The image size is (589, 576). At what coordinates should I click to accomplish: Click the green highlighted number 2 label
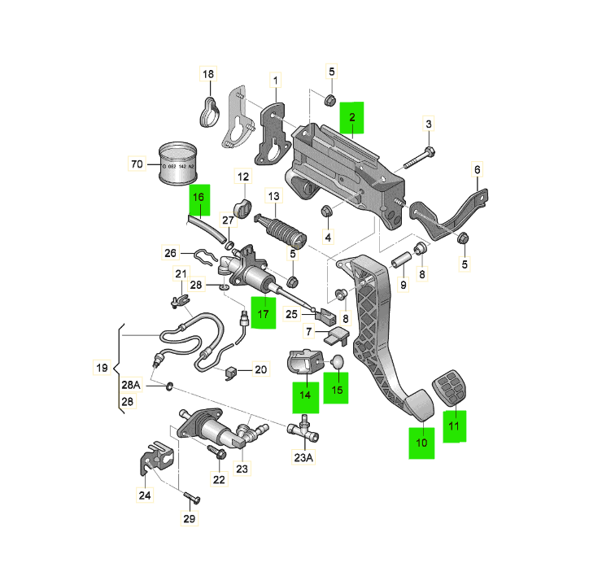[x=352, y=118]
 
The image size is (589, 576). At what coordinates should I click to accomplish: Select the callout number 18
[x=208, y=75]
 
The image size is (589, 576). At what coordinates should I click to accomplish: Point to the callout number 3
[x=428, y=124]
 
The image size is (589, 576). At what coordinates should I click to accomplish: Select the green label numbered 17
[x=263, y=313]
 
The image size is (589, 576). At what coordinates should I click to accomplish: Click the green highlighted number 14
[x=304, y=394]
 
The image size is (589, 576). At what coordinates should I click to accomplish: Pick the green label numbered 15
[x=337, y=390]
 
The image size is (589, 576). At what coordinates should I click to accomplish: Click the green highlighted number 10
[x=421, y=443]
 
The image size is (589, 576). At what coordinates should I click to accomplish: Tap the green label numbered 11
[x=455, y=425]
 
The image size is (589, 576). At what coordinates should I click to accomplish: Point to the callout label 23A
[x=303, y=457]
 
